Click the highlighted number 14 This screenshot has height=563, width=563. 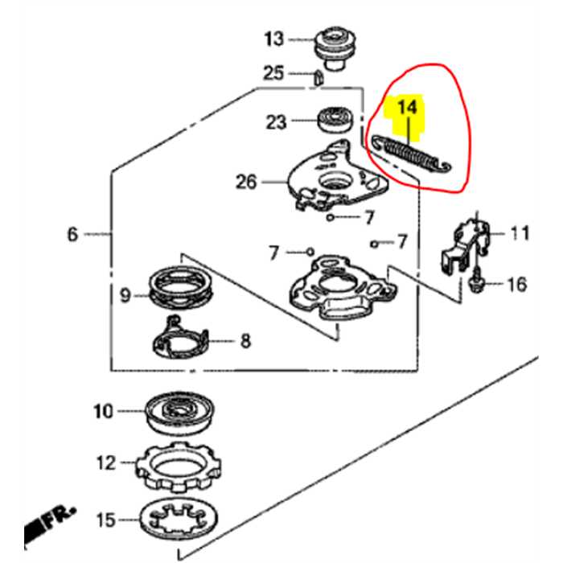point(408,107)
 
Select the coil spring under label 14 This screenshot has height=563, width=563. point(412,153)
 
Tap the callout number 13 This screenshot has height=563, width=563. point(274,38)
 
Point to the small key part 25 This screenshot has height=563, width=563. point(318,77)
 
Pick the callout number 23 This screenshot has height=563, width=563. point(276,122)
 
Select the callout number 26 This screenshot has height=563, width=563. point(246,183)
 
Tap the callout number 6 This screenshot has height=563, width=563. point(72,235)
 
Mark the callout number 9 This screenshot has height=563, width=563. point(125,295)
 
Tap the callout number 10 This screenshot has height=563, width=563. point(103,412)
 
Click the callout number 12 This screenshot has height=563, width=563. point(105,463)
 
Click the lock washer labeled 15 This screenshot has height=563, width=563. point(180,518)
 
